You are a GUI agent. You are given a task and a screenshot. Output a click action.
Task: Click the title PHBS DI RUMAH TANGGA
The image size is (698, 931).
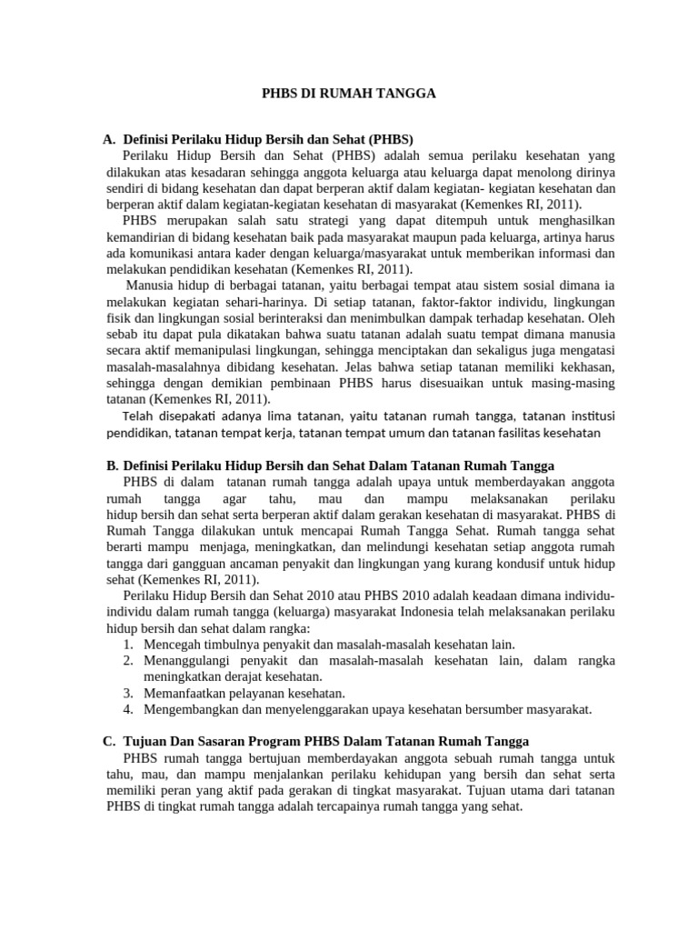pos(349,93)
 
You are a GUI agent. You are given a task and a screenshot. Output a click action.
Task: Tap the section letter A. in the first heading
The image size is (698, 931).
pos(110,139)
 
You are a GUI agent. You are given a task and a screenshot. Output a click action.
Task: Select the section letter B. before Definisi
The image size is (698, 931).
pos(112,465)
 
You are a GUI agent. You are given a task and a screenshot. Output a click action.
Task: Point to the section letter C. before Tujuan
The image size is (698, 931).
pos(110,741)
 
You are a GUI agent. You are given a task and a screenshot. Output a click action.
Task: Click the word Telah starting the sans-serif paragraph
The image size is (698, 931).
pos(138,416)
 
